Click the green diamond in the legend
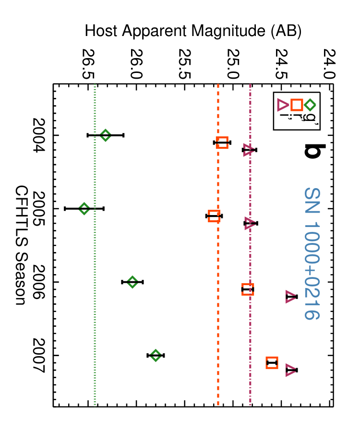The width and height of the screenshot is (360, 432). tap(310, 105)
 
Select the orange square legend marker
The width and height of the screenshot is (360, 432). tap(297, 105)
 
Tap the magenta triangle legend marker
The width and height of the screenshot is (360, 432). tap(282, 105)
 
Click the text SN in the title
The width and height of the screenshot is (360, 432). tap(312, 201)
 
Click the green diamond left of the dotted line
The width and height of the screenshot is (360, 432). tap(84, 209)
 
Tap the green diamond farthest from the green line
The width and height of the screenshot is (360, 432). tap(156, 355)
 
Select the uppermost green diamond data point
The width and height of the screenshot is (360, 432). tap(106, 135)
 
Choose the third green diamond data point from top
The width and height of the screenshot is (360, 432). tap(132, 282)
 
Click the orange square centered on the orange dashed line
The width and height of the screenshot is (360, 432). tap(222, 143)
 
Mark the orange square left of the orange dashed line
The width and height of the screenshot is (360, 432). tap(214, 216)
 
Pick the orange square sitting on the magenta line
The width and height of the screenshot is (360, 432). tap(248, 289)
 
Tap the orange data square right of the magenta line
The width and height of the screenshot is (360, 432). tap(272, 362)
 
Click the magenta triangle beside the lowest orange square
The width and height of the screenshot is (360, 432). tap(290, 370)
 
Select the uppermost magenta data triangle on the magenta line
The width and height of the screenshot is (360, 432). tap(248, 150)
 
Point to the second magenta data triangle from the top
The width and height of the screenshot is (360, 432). tap(249, 223)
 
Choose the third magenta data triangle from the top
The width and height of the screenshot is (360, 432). tap(290, 297)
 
